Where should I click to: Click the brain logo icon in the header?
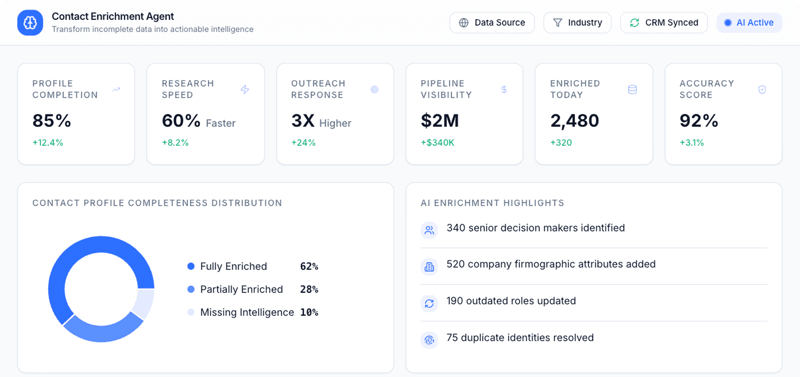click(30, 23)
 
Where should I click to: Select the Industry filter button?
click(577, 23)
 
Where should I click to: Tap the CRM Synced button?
click(664, 23)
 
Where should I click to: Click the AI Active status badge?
click(749, 23)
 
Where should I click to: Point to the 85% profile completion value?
click(52, 121)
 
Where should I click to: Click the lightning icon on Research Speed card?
click(245, 90)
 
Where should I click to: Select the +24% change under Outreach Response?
click(303, 142)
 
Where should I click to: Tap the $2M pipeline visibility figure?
click(440, 121)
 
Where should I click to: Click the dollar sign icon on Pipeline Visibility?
click(504, 90)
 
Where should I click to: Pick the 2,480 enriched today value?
click(575, 121)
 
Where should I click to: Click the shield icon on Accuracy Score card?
click(762, 90)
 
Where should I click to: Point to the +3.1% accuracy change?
click(692, 142)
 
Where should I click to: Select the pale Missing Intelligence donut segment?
click(144, 303)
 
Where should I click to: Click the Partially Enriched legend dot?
click(191, 289)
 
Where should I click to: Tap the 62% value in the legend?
click(309, 266)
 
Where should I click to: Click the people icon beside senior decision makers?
click(429, 230)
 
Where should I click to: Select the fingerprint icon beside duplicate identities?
click(429, 340)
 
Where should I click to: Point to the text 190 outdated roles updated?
click(511, 301)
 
